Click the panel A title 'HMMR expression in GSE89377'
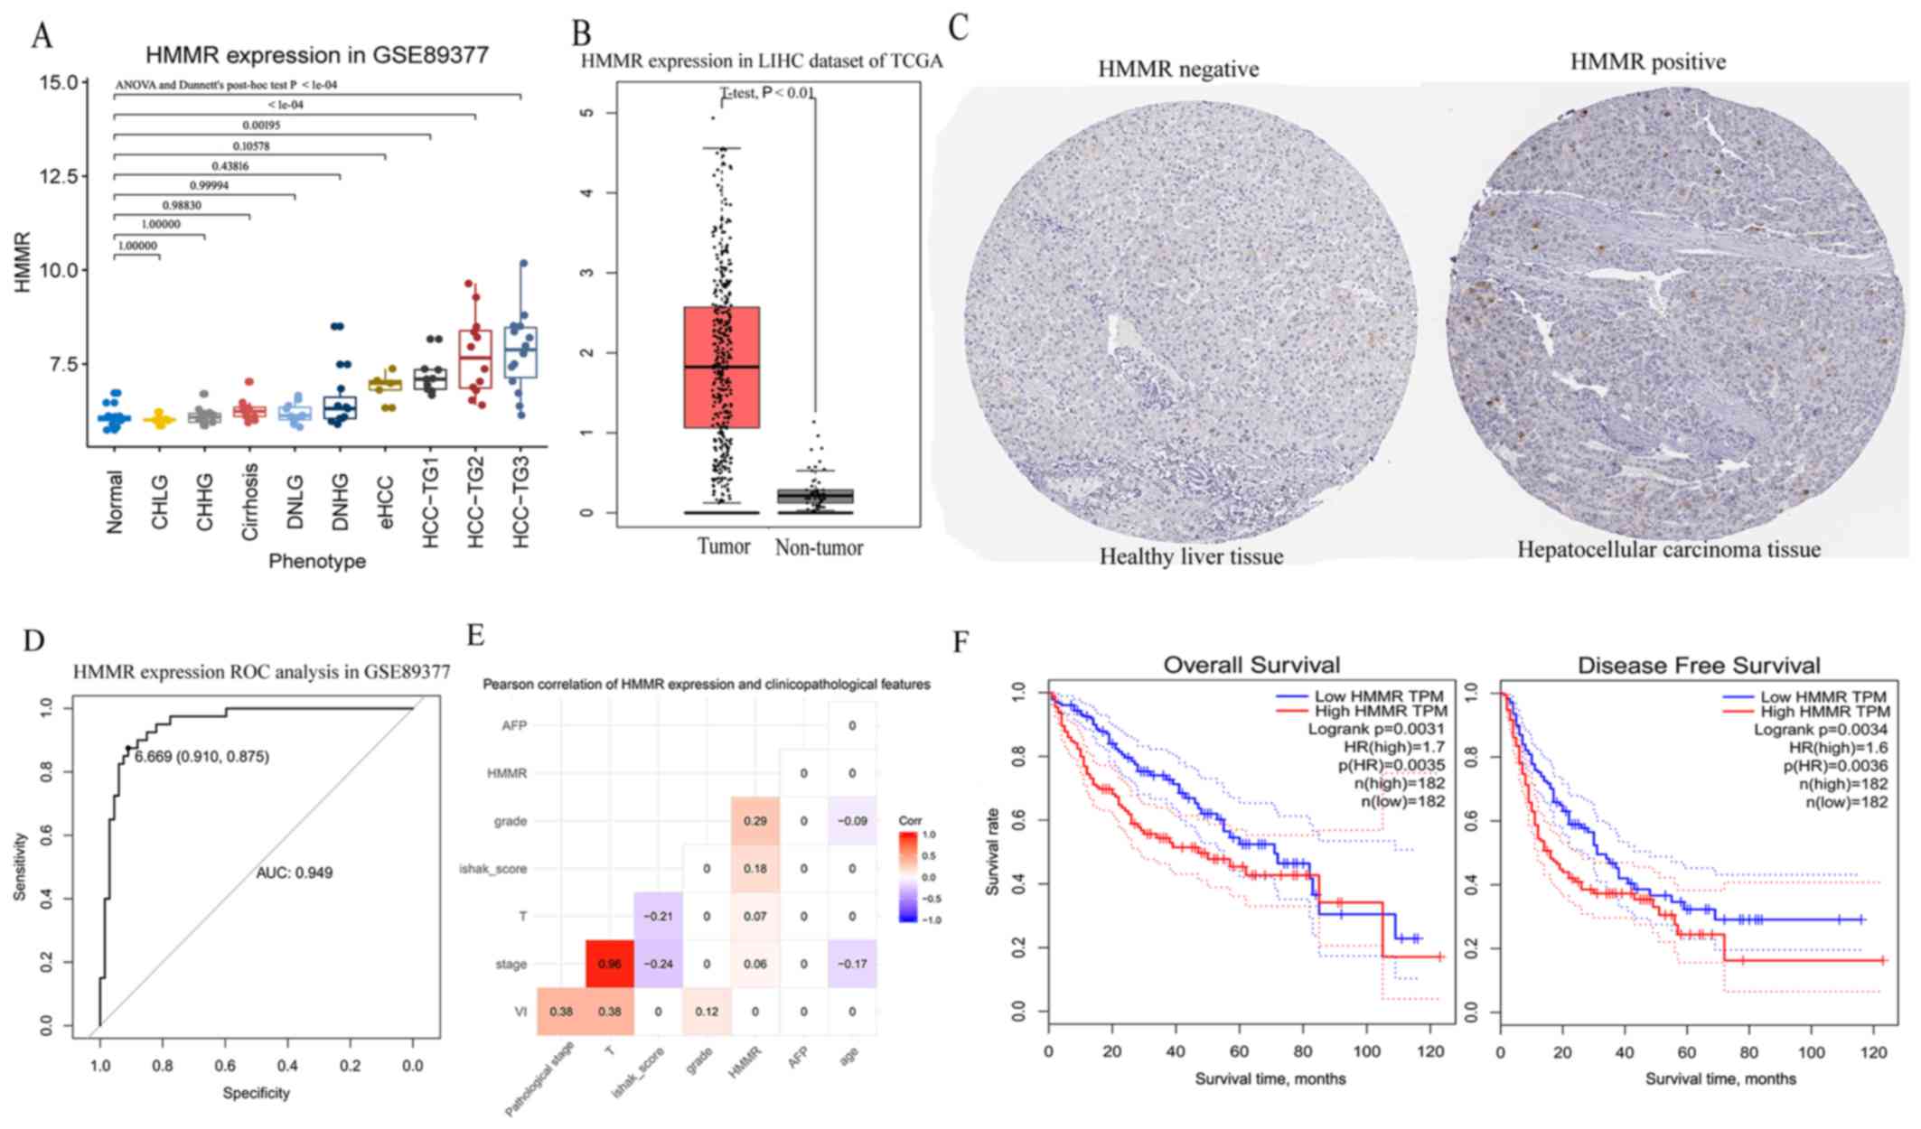pyautogui.click(x=316, y=55)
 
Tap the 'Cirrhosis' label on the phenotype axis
pyautogui.click(x=250, y=502)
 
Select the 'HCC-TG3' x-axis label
pyautogui.click(x=521, y=502)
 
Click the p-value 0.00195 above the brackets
pyautogui.click(x=261, y=126)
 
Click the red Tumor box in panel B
pyautogui.click(x=721, y=367)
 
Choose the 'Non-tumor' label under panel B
pyautogui.click(x=819, y=547)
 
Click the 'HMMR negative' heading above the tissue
pyautogui.click(x=1177, y=70)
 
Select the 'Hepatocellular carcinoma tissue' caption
pyautogui.click(x=1668, y=550)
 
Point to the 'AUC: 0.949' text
pyautogui.click(x=295, y=873)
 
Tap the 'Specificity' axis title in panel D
pyautogui.click(x=256, y=1093)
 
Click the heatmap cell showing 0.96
pyautogui.click(x=610, y=964)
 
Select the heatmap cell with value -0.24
pyautogui.click(x=658, y=964)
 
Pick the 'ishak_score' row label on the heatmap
pyautogui.click(x=493, y=869)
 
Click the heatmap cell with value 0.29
pyautogui.click(x=754, y=821)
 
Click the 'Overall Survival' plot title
pyautogui.click(x=1251, y=666)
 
